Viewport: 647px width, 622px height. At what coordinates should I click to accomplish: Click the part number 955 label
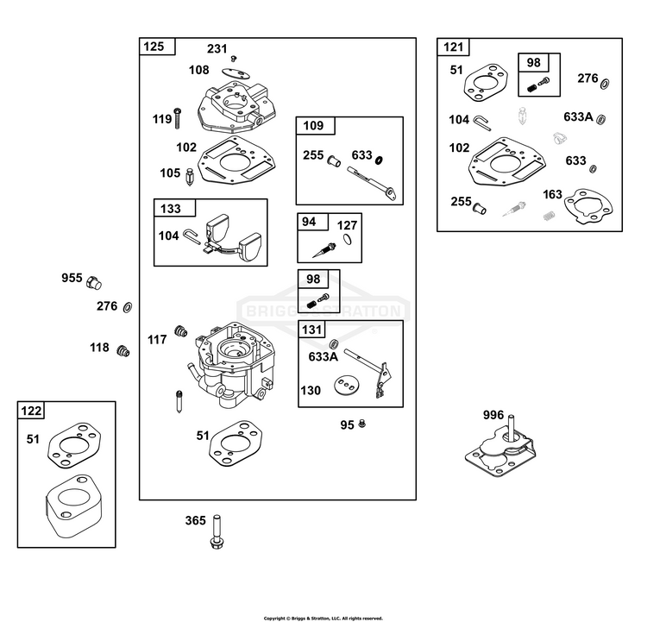tap(72, 278)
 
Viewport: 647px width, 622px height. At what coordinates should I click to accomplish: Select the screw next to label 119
tap(178, 118)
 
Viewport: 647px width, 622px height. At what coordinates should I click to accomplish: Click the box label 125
tap(154, 47)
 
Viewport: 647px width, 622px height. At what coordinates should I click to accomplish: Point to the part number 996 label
tap(493, 415)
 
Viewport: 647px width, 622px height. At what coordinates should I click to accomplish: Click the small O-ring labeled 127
tap(348, 239)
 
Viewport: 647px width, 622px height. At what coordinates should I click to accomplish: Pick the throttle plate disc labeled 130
tap(347, 386)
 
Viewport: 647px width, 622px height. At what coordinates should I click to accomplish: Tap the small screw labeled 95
tap(361, 423)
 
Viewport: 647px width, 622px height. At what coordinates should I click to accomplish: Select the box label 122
tap(31, 411)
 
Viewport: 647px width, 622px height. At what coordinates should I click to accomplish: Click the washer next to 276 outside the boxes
tap(128, 307)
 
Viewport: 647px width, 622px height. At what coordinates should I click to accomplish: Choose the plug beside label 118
tap(123, 351)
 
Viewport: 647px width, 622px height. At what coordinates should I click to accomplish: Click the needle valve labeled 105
tap(190, 177)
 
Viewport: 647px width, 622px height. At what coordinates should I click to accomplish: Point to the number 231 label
tap(217, 48)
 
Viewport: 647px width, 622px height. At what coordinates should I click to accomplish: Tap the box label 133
tap(171, 209)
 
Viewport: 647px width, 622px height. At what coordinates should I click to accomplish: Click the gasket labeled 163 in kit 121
tap(588, 206)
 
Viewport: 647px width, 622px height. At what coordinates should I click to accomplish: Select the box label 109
tap(313, 125)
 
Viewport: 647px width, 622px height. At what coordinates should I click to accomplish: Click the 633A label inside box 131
tap(323, 356)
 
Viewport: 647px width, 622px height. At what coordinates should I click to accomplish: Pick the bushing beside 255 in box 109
tap(334, 161)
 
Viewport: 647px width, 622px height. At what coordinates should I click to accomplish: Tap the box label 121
tap(453, 47)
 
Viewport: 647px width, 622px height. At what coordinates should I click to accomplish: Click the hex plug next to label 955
tap(94, 283)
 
